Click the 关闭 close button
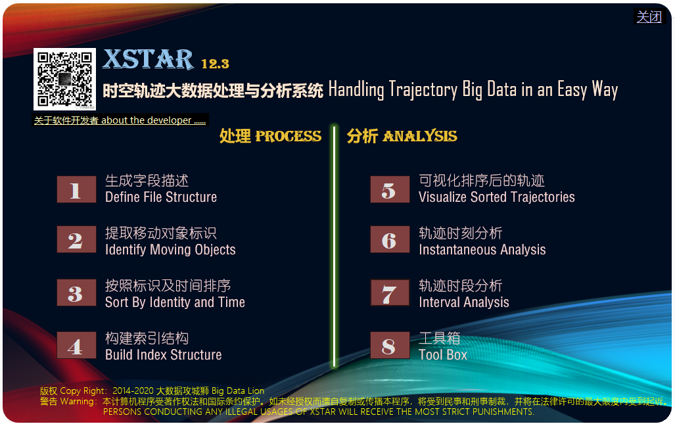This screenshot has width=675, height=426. pyautogui.click(x=649, y=17)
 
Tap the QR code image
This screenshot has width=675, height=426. pyautogui.click(x=64, y=80)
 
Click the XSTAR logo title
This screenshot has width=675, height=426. pyautogui.click(x=148, y=59)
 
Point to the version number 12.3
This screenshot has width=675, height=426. pyautogui.click(x=215, y=64)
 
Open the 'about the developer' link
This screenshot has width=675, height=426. pyautogui.click(x=120, y=120)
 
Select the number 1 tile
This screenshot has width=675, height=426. pyautogui.click(x=77, y=189)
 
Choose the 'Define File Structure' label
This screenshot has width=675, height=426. pyautogui.click(x=161, y=197)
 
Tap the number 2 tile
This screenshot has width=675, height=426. pyautogui.click(x=77, y=239)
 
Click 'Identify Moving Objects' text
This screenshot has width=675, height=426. pyautogui.click(x=170, y=250)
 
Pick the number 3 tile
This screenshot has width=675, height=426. pyautogui.click(x=77, y=293)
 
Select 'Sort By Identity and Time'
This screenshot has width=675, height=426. pyautogui.click(x=175, y=302)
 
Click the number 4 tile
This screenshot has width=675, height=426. pyautogui.click(x=77, y=345)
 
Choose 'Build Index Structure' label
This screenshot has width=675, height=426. pyautogui.click(x=164, y=355)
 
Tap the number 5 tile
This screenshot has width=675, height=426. pyautogui.click(x=390, y=189)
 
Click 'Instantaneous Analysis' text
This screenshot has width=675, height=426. pyautogui.click(x=482, y=250)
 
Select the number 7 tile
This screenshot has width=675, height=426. pyautogui.click(x=390, y=293)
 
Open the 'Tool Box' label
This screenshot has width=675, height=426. pyautogui.click(x=443, y=355)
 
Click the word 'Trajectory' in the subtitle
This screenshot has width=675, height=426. pyautogui.click(x=423, y=90)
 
